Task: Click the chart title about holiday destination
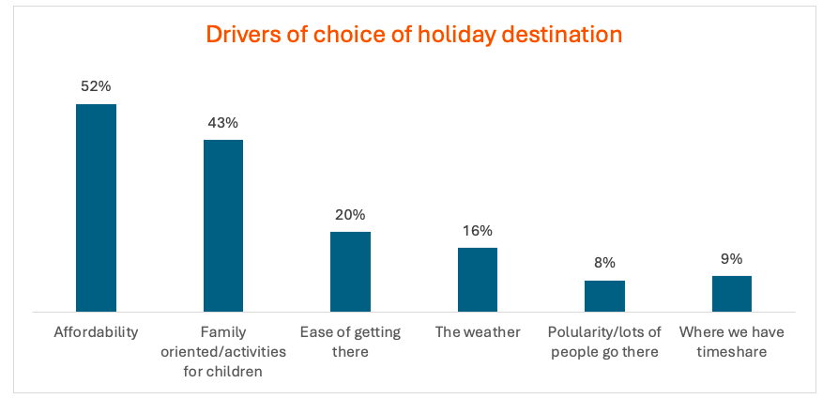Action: click(x=414, y=35)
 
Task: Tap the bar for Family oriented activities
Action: click(x=223, y=225)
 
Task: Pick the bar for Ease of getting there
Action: click(x=350, y=271)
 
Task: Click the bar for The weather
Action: click(x=478, y=279)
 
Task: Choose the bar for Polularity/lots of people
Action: click(x=604, y=296)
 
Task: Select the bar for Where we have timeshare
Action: click(x=732, y=293)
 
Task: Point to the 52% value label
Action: click(x=96, y=86)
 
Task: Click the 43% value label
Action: click(x=223, y=123)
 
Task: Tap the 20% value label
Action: click(x=350, y=214)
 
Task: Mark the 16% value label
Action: click(x=478, y=230)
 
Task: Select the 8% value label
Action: click(x=604, y=263)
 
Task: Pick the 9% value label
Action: click(x=732, y=258)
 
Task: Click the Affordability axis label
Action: click(x=96, y=332)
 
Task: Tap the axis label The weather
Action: click(x=478, y=332)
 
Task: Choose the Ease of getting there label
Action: click(x=350, y=342)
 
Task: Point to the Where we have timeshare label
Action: click(x=732, y=342)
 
